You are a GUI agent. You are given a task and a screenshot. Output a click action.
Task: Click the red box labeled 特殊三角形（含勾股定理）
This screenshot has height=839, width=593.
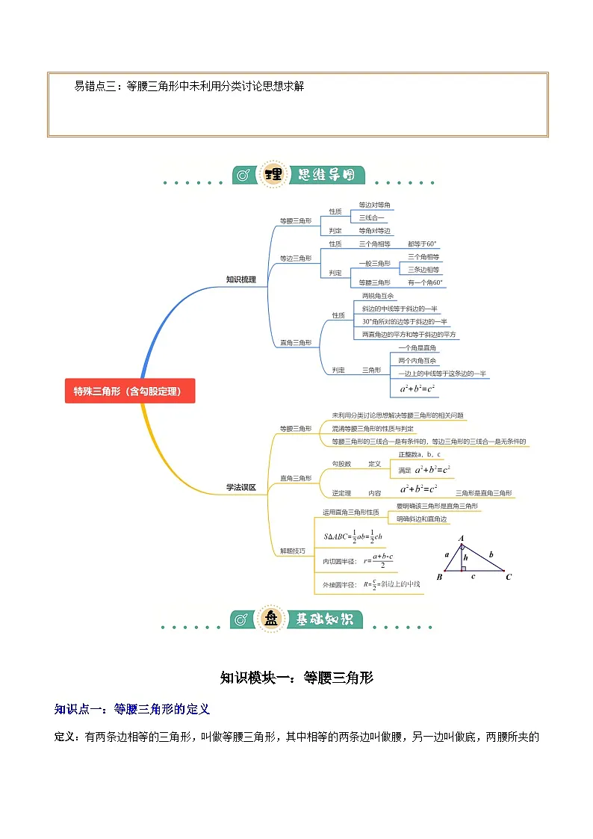pos(130,391)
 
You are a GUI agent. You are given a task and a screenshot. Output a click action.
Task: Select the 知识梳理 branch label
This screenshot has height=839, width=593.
pos(240,279)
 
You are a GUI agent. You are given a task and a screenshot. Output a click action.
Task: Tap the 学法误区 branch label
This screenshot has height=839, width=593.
pos(240,487)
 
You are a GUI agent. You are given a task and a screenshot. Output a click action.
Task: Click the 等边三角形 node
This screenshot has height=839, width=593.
pos(296,258)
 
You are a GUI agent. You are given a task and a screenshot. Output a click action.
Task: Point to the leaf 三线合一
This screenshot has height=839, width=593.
pos(373,217)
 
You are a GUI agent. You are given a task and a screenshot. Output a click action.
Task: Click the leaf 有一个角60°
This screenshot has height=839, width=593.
pos(426,282)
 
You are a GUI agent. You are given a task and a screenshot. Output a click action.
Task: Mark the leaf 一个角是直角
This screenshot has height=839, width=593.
pos(417,348)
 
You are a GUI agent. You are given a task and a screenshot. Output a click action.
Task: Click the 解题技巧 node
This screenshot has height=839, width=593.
pos(292,551)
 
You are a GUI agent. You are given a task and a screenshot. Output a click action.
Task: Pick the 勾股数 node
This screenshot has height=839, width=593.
pos(341,464)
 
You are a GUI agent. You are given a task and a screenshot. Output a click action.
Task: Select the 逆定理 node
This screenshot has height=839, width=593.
pos(341,493)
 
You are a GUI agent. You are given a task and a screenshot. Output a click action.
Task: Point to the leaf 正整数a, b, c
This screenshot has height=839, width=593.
pos(419,454)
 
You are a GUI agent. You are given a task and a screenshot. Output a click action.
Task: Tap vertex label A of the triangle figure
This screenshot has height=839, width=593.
pos(462,538)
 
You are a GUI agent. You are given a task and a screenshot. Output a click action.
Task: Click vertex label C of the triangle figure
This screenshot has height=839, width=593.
pos(509,577)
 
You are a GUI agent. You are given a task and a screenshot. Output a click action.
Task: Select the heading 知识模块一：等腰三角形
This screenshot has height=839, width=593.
pos(296,678)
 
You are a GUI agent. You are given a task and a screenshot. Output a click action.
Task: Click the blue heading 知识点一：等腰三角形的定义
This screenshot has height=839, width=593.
pos(132,708)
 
